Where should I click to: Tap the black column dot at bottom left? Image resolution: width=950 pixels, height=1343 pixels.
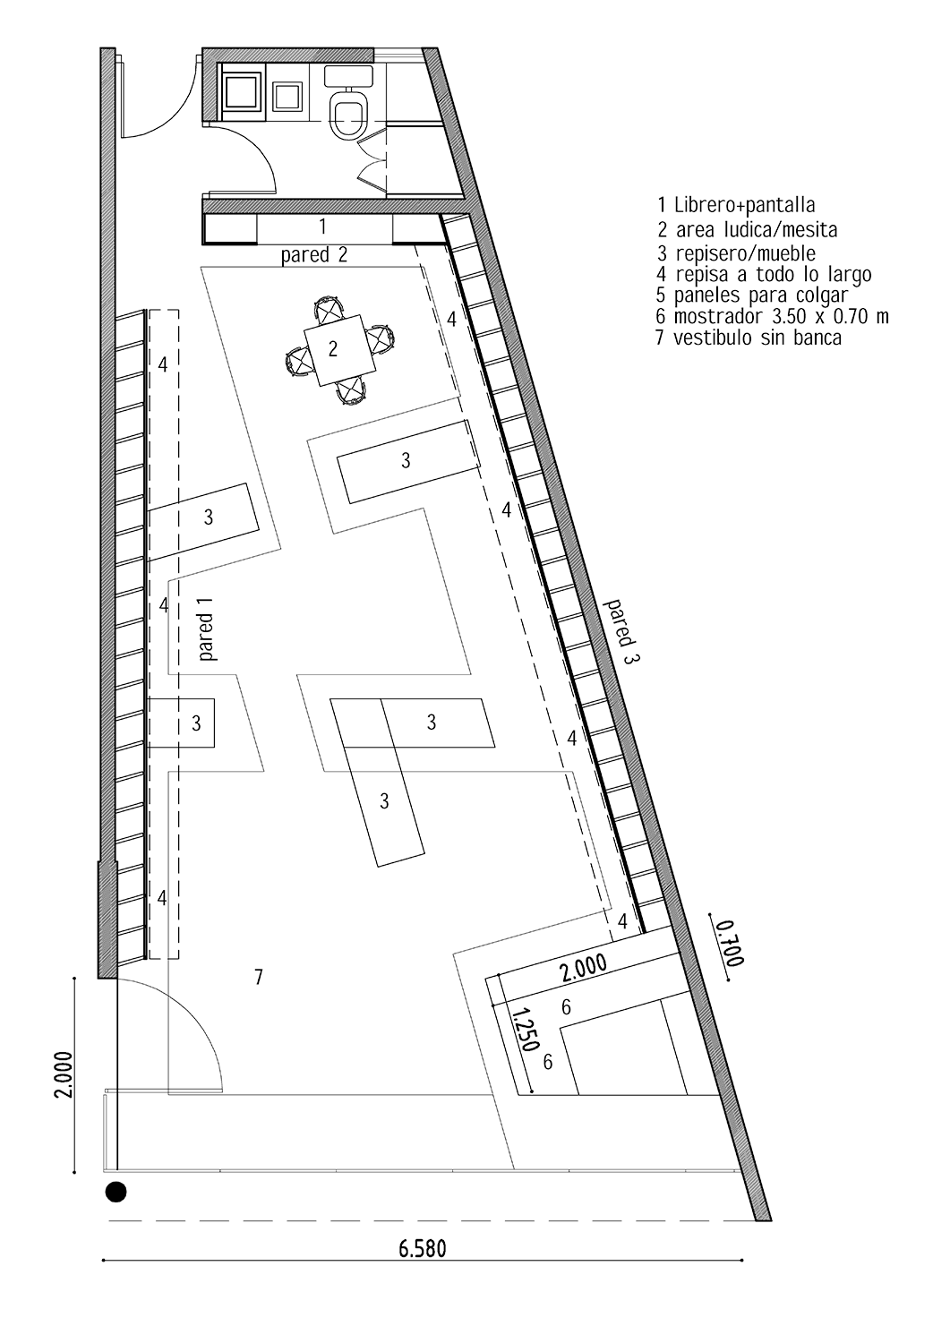tap(116, 1192)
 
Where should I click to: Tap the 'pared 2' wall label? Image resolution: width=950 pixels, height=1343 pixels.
tap(314, 254)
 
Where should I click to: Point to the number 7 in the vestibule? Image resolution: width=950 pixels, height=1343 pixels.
tap(258, 977)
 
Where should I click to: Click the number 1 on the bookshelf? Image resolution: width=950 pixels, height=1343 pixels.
tap(323, 226)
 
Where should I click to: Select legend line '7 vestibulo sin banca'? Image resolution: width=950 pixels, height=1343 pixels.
tap(749, 338)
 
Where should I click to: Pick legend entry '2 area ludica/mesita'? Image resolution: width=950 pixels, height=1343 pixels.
tap(748, 230)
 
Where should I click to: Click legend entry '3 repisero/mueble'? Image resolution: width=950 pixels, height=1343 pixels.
tap(737, 253)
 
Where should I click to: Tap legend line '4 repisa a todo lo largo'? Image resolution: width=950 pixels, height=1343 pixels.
tap(764, 274)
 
